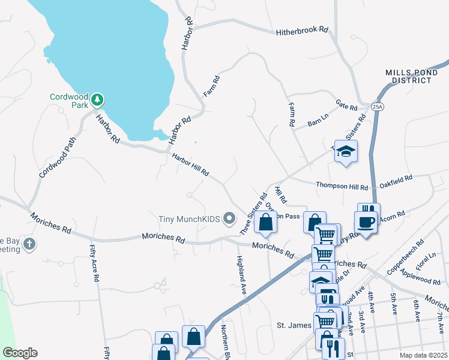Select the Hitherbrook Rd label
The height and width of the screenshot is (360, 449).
(x=302, y=31)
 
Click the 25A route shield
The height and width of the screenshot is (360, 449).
(x=377, y=107)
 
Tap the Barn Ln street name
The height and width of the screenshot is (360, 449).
(x=318, y=120)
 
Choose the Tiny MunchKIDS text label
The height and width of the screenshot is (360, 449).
(x=188, y=220)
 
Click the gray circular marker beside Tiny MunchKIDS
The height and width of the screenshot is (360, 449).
(x=229, y=220)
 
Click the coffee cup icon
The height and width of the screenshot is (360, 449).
(x=366, y=223)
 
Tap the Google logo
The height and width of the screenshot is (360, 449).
(x=20, y=353)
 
